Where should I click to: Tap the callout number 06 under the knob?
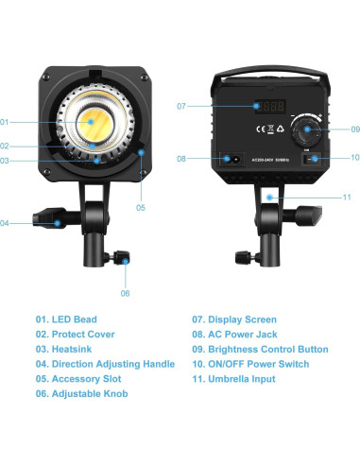point(125,292)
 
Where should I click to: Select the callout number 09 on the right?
point(355,129)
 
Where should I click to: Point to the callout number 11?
point(347,197)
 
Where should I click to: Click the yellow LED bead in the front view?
point(94,121)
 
